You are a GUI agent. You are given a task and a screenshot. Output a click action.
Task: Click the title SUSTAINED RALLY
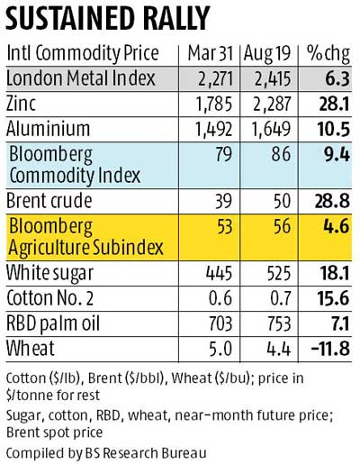click(x=109, y=19)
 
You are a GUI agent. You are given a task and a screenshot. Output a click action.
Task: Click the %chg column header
click(x=331, y=56)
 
